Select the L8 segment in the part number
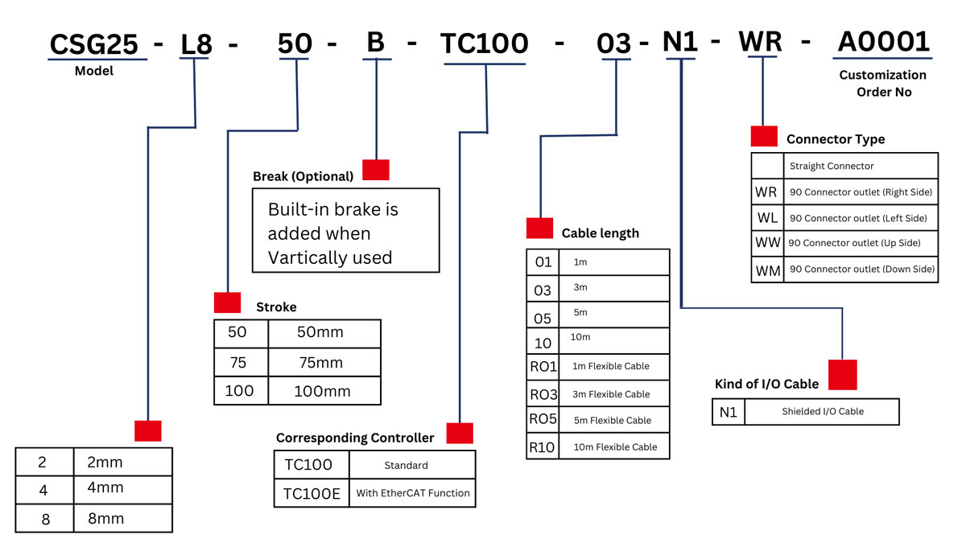point(196,45)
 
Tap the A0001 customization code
point(884,42)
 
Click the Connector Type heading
point(835,139)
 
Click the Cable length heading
point(600,233)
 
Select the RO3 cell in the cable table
point(543,394)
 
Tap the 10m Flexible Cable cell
point(615,446)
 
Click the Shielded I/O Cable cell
point(822,411)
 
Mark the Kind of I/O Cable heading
point(766,384)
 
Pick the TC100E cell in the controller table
point(312,493)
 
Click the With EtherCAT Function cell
point(412,493)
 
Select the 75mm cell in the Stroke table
point(321,363)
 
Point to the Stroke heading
point(276,306)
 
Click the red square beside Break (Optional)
point(375,170)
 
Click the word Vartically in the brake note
point(311,257)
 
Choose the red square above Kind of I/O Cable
point(842,375)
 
